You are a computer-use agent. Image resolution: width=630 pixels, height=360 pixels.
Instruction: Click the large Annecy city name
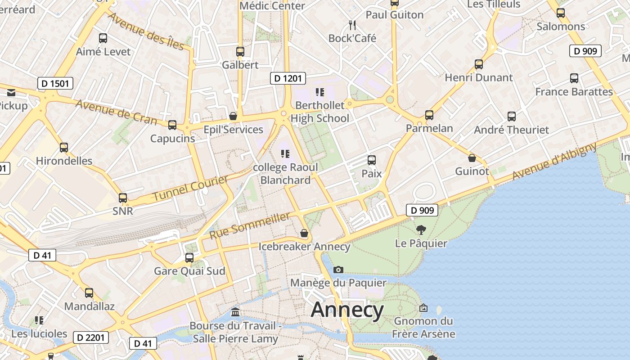point(347,310)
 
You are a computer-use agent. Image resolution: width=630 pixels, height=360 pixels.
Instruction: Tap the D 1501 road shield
point(55,83)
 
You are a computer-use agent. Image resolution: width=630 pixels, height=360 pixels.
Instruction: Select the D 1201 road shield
point(288,78)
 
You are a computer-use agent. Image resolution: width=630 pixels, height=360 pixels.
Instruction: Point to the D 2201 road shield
point(90,337)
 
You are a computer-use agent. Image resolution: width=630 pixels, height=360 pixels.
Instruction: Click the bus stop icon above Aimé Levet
point(103,38)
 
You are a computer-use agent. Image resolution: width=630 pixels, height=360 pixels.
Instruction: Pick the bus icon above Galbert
point(240,52)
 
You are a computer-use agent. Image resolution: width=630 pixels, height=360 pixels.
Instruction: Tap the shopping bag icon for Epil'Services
point(233,116)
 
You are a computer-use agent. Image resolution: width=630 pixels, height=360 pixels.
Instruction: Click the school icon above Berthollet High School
point(320,92)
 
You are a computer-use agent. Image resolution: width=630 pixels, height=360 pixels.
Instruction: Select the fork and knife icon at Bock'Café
point(352,25)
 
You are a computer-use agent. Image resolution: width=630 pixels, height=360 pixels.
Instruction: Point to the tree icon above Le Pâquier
point(421,230)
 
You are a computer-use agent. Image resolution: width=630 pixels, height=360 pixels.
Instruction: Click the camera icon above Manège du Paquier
point(338,270)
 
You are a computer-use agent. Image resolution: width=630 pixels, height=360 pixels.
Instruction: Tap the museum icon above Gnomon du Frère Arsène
point(423,308)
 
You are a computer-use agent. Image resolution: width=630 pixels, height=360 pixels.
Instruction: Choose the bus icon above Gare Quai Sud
point(189,258)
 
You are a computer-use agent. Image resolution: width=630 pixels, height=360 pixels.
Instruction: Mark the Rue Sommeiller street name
point(250,226)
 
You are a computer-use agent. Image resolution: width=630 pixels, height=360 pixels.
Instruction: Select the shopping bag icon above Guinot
point(472,158)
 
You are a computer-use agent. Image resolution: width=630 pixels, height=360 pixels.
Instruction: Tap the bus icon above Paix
point(372,160)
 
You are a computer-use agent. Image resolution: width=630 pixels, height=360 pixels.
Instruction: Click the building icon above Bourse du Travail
point(235,312)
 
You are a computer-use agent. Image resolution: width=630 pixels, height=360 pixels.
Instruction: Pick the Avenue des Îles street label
point(147,31)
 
